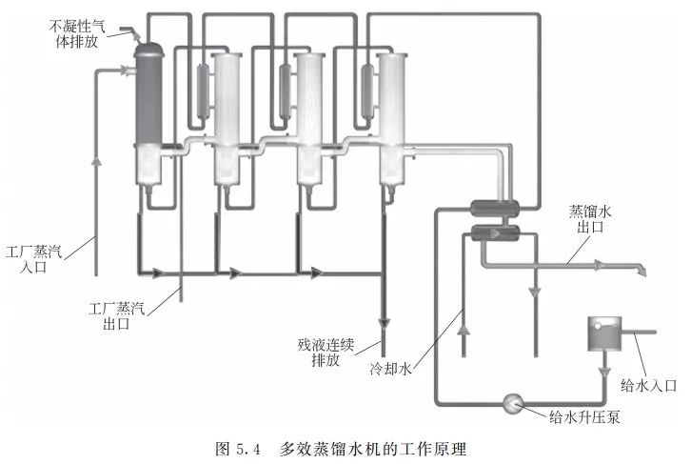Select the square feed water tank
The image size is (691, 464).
(x=604, y=333)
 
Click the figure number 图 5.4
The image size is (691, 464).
(x=237, y=446)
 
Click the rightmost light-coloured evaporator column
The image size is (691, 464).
(x=392, y=114)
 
